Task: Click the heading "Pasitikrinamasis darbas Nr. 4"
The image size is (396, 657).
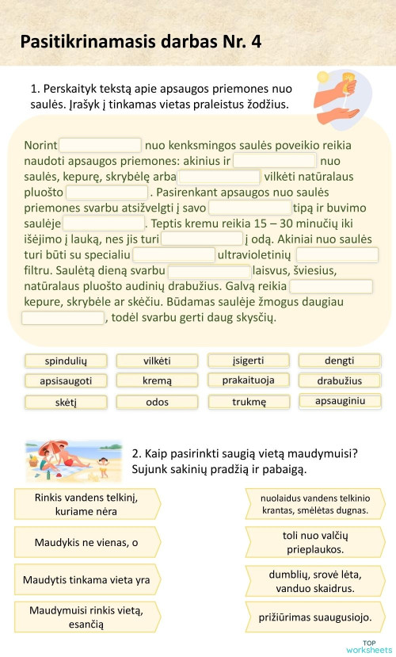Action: pyautogui.click(x=139, y=41)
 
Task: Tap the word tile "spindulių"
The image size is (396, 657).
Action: pyautogui.click(x=66, y=361)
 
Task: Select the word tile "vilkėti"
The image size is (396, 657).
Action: pyautogui.click(x=157, y=361)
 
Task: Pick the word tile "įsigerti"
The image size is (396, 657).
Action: pyautogui.click(x=249, y=361)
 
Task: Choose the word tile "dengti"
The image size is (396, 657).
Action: pyautogui.click(x=339, y=361)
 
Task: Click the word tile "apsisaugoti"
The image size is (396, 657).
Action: pyautogui.click(x=66, y=381)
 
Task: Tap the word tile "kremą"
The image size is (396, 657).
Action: pyautogui.click(x=157, y=381)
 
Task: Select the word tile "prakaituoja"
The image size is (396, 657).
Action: pyautogui.click(x=249, y=380)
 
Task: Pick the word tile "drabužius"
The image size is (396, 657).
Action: pyautogui.click(x=339, y=381)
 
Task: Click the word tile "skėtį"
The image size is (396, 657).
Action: pyautogui.click(x=66, y=402)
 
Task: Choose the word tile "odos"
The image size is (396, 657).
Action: pyautogui.click(x=157, y=402)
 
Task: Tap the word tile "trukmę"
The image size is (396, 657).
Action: pyautogui.click(x=249, y=402)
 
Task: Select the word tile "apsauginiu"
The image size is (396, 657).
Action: pyautogui.click(x=340, y=401)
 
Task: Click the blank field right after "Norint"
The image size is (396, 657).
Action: pyautogui.click(x=101, y=146)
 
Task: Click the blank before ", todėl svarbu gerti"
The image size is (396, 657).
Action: pyautogui.click(x=63, y=318)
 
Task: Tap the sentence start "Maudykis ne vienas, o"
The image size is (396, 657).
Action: pyautogui.click(x=86, y=543)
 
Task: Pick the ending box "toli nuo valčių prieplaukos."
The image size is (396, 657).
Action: pyautogui.click(x=315, y=542)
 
